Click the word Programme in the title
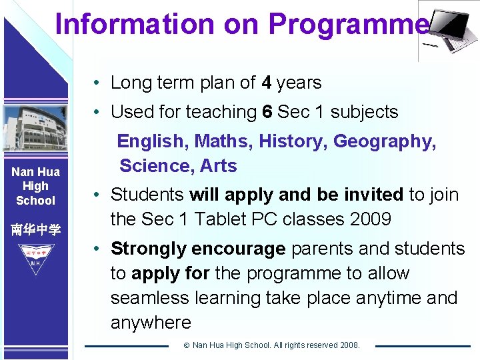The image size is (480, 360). (348, 25)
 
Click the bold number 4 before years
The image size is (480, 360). (267, 83)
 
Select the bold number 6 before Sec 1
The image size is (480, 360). (267, 112)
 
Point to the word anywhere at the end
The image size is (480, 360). (151, 323)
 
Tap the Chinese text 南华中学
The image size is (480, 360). (35, 230)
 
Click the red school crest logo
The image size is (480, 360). (35, 256)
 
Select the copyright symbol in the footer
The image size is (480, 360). (187, 345)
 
